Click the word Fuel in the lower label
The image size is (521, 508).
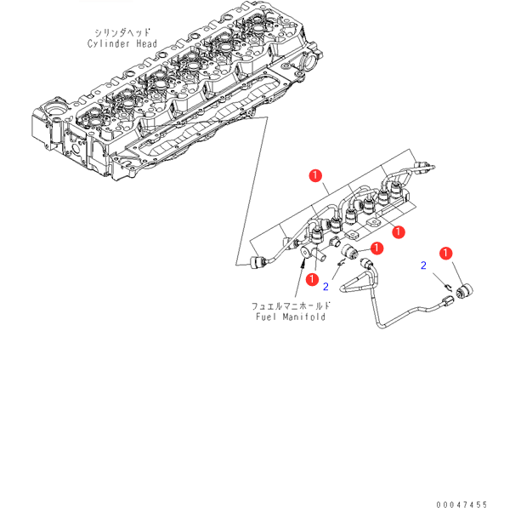tap(269, 317)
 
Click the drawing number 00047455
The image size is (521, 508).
tap(463, 503)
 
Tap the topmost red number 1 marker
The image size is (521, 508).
tap(315, 177)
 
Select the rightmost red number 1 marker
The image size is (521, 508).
tap(445, 253)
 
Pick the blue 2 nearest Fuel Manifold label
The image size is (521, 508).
tap(326, 286)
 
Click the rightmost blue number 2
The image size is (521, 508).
tap(423, 266)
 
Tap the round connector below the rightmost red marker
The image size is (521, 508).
tap(465, 292)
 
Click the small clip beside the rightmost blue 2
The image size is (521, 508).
tap(445, 286)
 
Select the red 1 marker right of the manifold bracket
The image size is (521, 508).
tap(397, 230)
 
